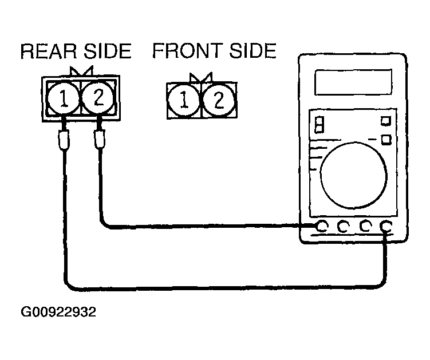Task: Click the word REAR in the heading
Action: [48, 51]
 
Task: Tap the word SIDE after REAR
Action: [108, 51]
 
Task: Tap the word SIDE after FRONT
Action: [253, 50]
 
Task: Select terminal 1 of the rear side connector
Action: [64, 98]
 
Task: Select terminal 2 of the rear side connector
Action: [98, 97]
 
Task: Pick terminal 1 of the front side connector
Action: [184, 100]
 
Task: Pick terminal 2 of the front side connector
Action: [219, 100]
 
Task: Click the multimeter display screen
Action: [353, 82]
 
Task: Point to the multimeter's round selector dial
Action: [354, 175]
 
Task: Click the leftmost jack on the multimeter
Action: [321, 226]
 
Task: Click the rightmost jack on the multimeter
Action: [386, 226]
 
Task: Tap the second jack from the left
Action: [344, 226]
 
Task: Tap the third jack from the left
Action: [365, 226]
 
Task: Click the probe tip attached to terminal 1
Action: [64, 139]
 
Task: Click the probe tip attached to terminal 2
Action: [99, 139]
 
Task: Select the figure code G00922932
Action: [58, 312]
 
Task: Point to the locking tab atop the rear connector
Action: [82, 71]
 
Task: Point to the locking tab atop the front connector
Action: [201, 77]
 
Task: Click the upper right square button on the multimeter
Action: [386, 121]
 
